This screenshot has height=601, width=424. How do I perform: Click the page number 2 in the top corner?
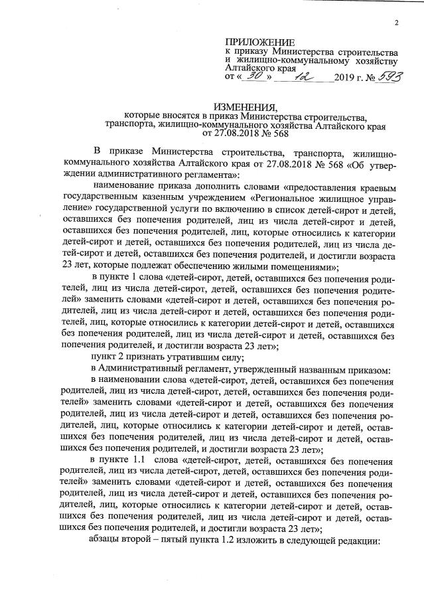coord(395,24)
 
